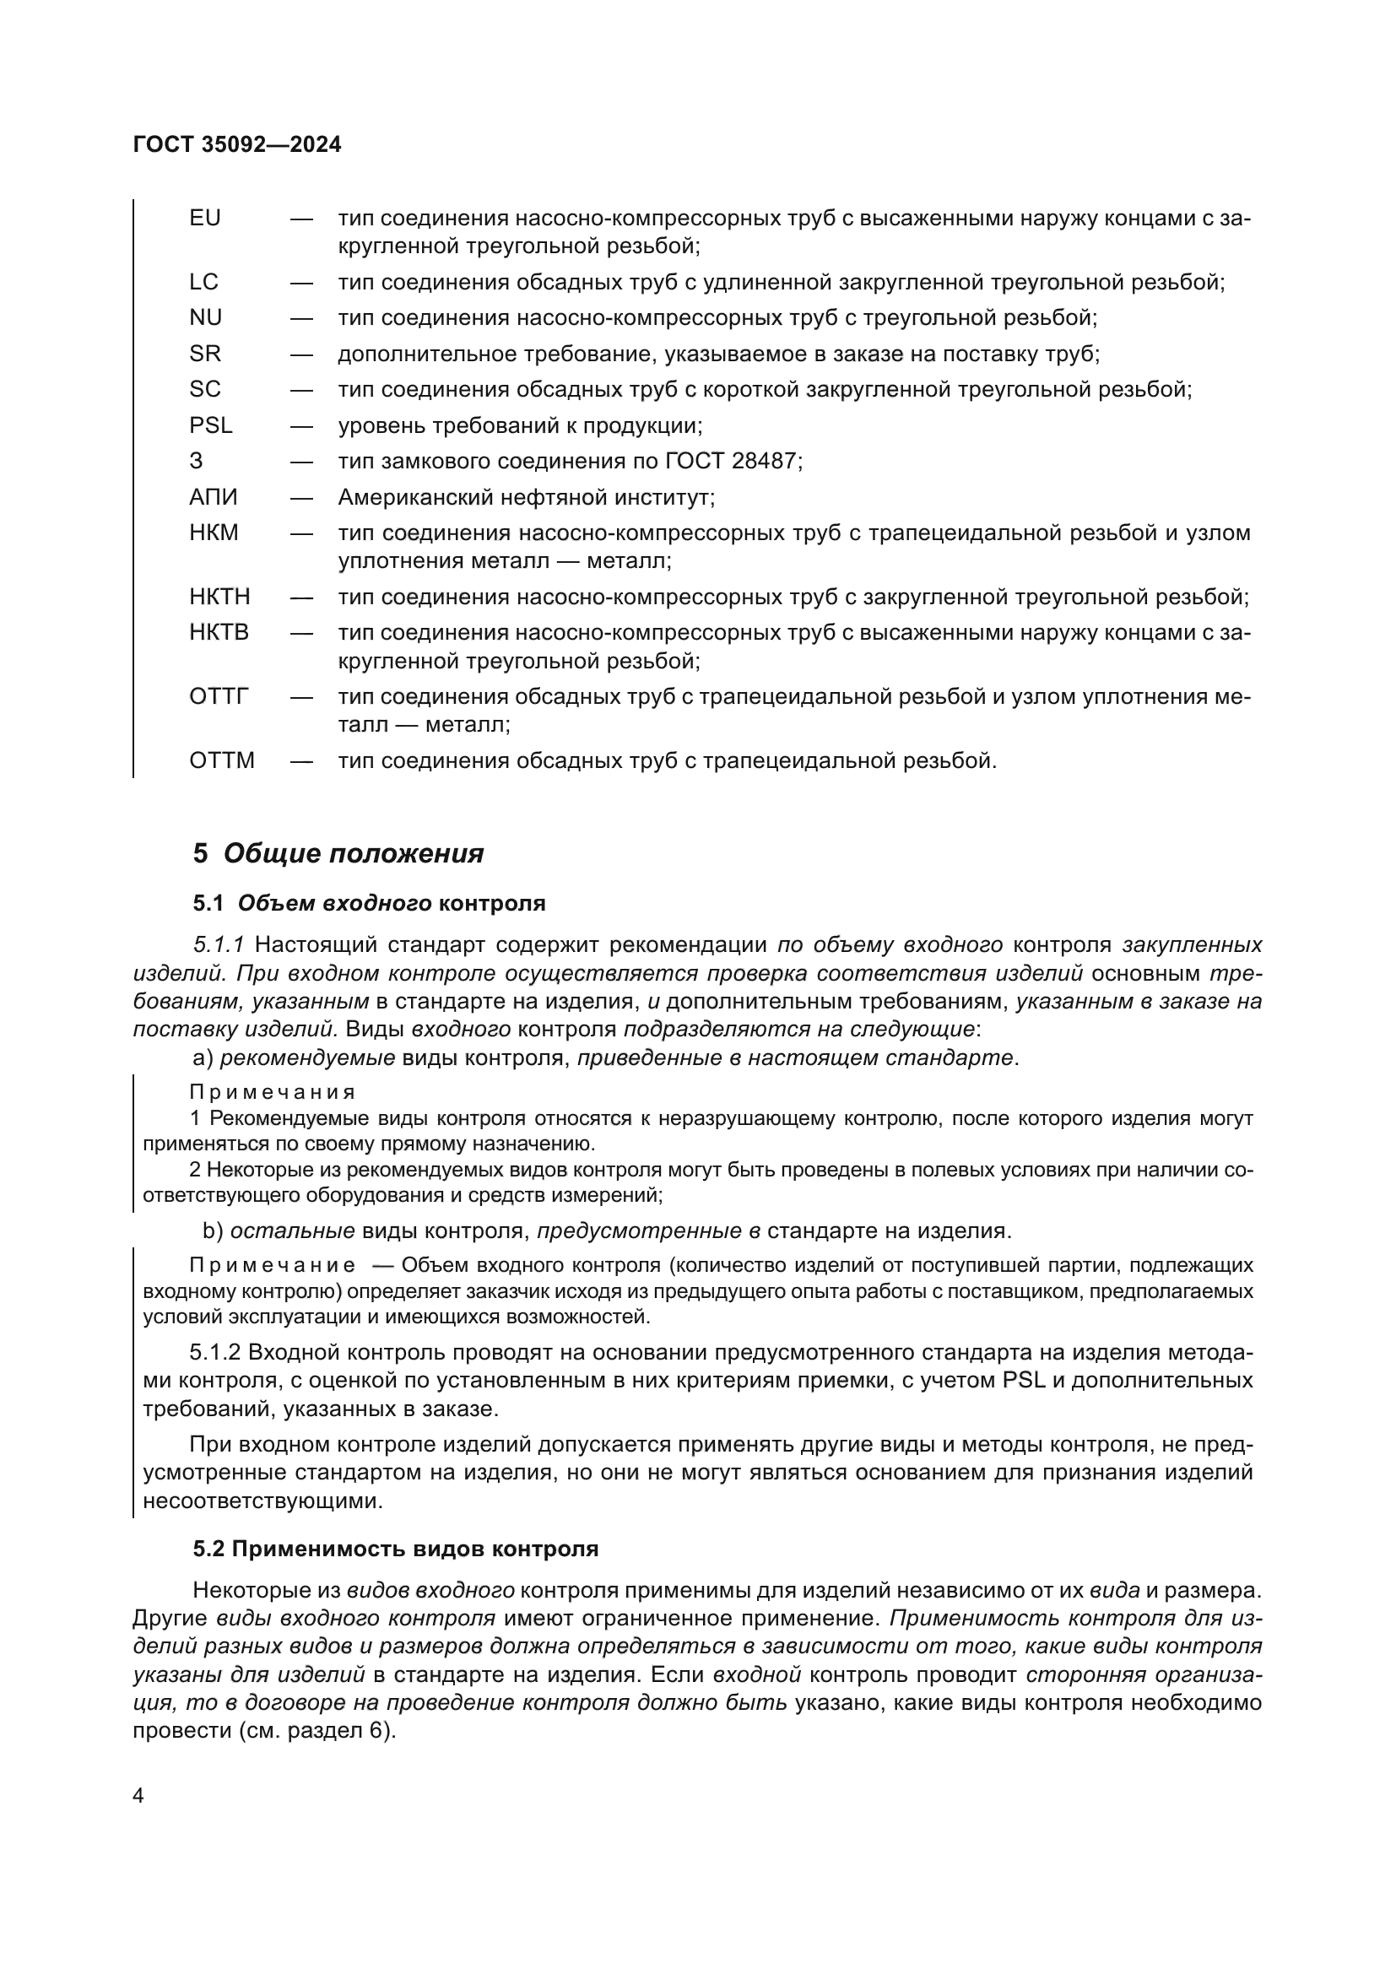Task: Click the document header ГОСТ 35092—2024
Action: coord(237,144)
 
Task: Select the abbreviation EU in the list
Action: coord(204,219)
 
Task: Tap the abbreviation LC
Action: coord(203,282)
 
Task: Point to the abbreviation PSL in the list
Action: coord(211,425)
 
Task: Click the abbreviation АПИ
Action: coord(214,497)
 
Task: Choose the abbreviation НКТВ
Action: coord(219,633)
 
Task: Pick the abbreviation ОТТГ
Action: coord(219,696)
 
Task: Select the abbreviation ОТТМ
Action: coord(222,761)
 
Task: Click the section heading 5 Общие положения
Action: coord(338,854)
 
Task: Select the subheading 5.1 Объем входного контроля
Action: coord(369,904)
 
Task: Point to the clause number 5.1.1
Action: coord(219,945)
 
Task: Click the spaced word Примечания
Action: coord(273,1093)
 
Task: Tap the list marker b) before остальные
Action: coord(213,1231)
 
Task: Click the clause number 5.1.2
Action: coord(215,1353)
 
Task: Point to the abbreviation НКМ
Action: coord(214,533)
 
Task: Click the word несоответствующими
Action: coord(262,1502)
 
